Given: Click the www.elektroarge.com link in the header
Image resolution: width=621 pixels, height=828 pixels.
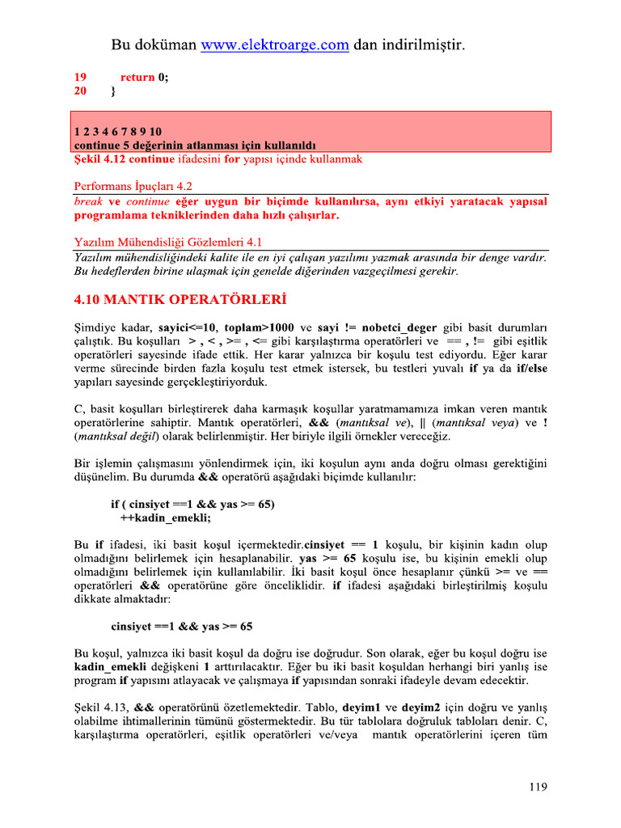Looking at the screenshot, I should tap(275, 45).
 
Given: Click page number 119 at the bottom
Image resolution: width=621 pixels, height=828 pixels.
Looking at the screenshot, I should tap(538, 785).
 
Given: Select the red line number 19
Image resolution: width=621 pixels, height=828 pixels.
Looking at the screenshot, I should tap(80, 78).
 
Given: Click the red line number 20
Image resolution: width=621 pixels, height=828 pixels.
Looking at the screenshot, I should tap(80, 91).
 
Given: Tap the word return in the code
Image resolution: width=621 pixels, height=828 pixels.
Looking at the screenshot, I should tap(137, 78).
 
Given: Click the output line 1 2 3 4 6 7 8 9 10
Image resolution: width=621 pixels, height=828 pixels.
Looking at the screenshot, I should tap(118, 131).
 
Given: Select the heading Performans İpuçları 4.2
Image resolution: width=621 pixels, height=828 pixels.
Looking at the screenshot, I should tap(133, 185).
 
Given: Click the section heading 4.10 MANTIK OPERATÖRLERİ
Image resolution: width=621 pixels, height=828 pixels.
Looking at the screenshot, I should tap(180, 300).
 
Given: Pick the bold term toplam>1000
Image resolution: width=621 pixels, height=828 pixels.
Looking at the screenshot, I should tap(259, 327).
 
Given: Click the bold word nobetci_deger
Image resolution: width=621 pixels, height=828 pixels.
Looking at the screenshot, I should tap(399, 327).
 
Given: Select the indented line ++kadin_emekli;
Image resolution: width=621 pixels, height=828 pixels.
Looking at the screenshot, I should tap(165, 517).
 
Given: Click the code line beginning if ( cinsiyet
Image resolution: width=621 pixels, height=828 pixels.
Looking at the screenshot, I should tap(192, 504).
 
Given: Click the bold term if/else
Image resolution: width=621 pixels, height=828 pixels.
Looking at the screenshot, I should tap(530, 368).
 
